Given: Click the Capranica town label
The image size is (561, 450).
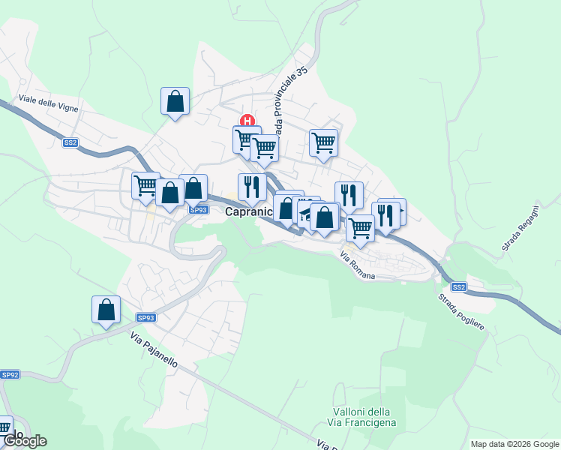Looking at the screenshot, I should pyautogui.click(x=248, y=213).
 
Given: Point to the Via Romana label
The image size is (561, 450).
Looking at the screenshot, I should pyautogui.click(x=357, y=265).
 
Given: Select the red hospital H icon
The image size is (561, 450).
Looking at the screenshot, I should pyautogui.click(x=247, y=121).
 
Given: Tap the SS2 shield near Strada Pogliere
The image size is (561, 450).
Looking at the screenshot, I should pyautogui.click(x=459, y=286).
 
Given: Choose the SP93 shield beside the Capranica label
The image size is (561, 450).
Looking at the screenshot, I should pyautogui.click(x=198, y=210).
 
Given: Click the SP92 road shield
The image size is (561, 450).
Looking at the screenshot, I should pyautogui.click(x=10, y=374).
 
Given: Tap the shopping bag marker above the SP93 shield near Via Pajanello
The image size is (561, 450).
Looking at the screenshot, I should pyautogui.click(x=106, y=308).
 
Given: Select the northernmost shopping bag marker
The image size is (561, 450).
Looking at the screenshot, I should pyautogui.click(x=175, y=100).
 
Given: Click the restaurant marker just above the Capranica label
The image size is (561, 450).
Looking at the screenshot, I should pyautogui.click(x=251, y=187).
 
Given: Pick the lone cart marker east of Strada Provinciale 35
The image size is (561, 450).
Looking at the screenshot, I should pyautogui.click(x=323, y=142).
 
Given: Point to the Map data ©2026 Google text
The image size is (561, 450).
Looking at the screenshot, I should pyautogui.click(x=514, y=444).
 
